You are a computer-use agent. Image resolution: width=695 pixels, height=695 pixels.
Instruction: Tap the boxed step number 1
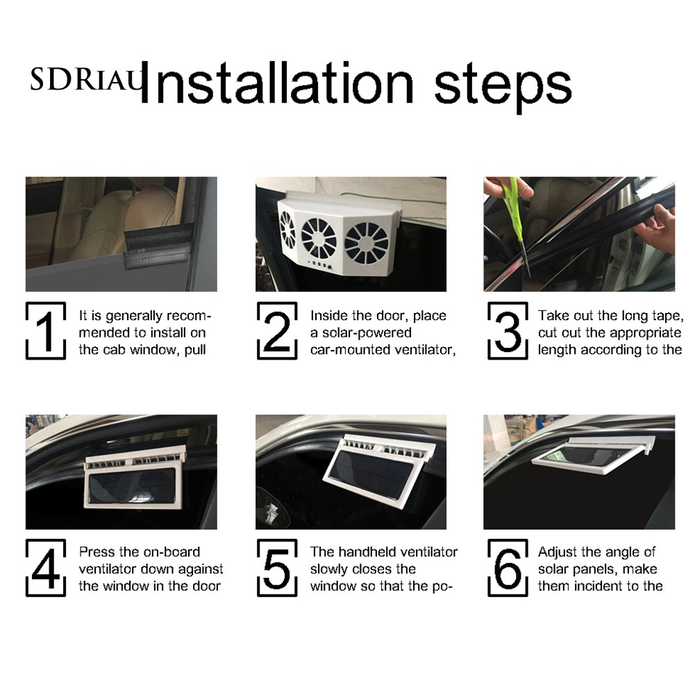[x=46, y=330]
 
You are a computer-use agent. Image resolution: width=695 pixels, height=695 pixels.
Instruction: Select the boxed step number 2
[x=277, y=330]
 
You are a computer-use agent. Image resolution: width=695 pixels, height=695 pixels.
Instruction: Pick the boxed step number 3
[x=508, y=330]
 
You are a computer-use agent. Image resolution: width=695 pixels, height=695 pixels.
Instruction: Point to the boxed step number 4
[x=46, y=568]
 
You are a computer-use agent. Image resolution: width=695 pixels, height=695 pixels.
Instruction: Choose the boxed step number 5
[x=277, y=568]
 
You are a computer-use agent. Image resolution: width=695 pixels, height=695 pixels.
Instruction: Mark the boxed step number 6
[x=508, y=568]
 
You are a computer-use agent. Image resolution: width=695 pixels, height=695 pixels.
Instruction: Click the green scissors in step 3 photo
[x=514, y=221]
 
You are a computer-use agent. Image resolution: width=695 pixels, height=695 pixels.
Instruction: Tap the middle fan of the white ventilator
[x=319, y=237]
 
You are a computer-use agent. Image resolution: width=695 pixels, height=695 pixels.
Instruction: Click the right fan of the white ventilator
[x=367, y=244]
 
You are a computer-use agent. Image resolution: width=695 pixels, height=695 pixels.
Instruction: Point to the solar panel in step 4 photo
[x=134, y=486]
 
